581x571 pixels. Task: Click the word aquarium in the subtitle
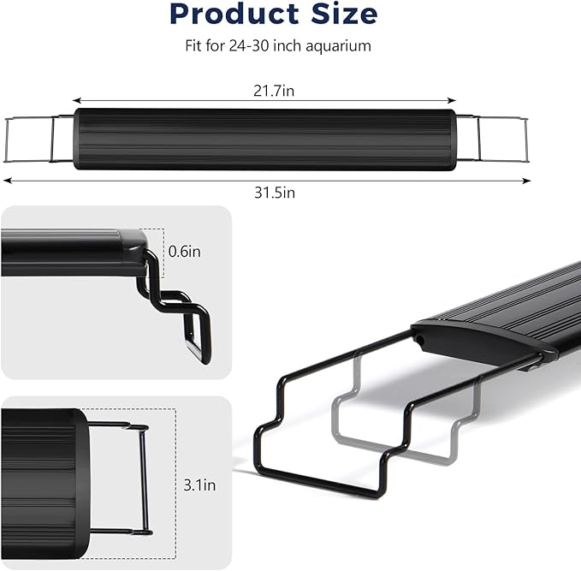pos(339,46)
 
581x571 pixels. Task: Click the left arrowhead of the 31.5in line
pos(7,181)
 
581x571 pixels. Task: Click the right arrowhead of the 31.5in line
pos(528,181)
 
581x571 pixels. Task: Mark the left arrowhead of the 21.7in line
pos(75,100)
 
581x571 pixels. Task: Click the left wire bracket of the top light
pos(34,139)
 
